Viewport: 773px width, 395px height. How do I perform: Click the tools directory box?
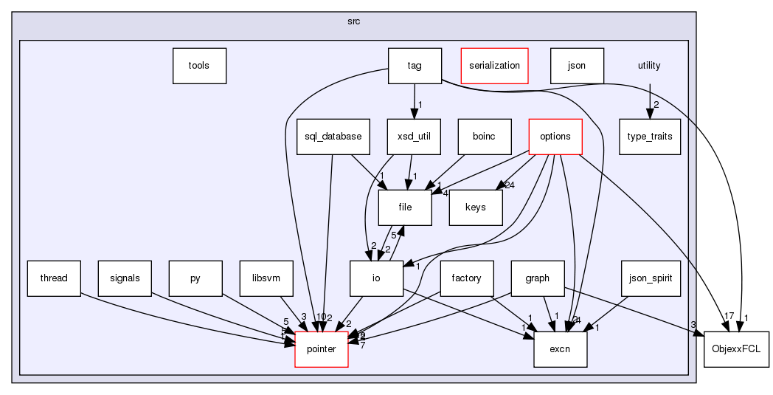[x=198, y=66]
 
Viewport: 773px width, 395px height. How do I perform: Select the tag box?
[x=415, y=66]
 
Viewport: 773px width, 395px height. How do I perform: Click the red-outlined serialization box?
[x=494, y=66]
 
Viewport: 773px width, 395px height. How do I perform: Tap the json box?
[x=577, y=66]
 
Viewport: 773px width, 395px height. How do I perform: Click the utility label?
[x=649, y=66]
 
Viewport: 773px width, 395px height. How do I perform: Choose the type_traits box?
[x=649, y=137]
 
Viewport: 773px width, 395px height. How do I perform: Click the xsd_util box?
[x=414, y=137]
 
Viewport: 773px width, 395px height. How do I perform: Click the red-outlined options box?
[x=555, y=137]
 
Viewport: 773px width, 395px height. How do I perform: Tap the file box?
[x=405, y=207]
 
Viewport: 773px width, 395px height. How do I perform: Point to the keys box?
[x=476, y=207]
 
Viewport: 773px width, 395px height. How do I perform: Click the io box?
[x=376, y=278]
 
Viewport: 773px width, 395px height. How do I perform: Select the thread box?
[x=54, y=278]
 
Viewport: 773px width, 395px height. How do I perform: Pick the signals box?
[x=125, y=278]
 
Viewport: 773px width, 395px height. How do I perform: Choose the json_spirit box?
[x=648, y=278]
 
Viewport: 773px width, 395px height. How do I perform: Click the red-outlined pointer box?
[x=322, y=349]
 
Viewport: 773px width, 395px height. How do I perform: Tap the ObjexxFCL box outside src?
[x=735, y=349]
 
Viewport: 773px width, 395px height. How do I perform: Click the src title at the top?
[x=354, y=21]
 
